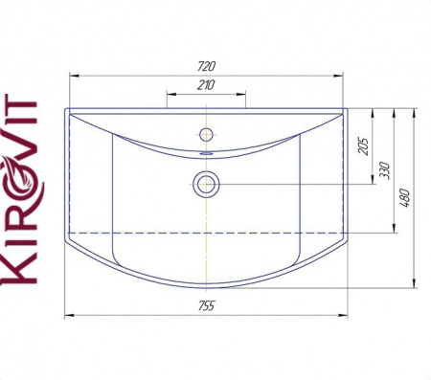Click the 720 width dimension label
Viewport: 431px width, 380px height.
pyautogui.click(x=207, y=66)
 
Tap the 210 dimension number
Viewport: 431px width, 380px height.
pyautogui.click(x=206, y=85)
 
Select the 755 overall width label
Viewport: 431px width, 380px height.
pyautogui.click(x=207, y=305)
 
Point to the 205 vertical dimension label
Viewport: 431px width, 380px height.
pyautogui.click(x=364, y=146)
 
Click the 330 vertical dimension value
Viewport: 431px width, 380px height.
pyautogui.click(x=386, y=170)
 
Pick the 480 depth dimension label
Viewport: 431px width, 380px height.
pyautogui.click(x=405, y=198)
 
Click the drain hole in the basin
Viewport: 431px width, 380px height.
pyautogui.click(x=206, y=185)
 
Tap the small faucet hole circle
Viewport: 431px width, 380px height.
pyautogui.click(x=206, y=134)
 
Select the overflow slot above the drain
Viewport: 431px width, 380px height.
pyautogui.click(x=206, y=153)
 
